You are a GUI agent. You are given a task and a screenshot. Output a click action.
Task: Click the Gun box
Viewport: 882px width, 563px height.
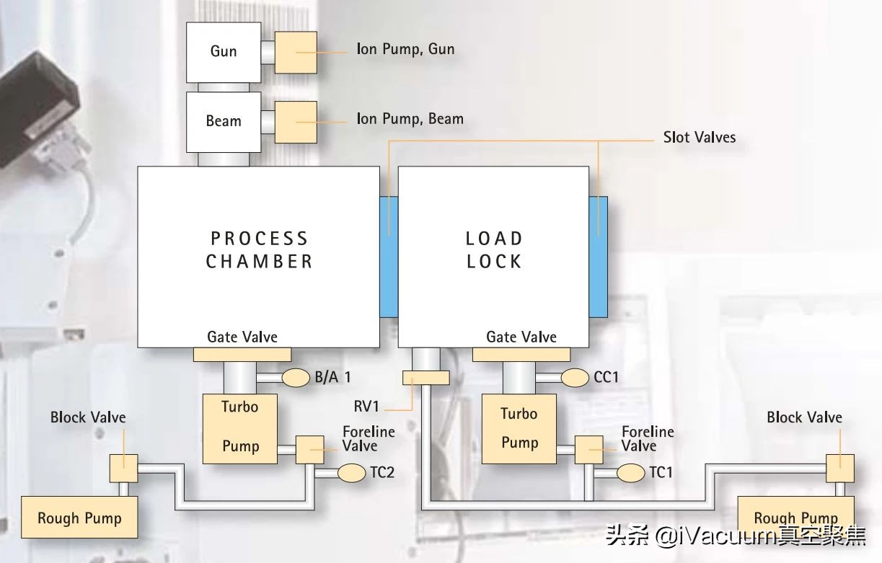(x=223, y=51)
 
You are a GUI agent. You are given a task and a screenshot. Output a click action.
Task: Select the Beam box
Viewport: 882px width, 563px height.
(x=223, y=121)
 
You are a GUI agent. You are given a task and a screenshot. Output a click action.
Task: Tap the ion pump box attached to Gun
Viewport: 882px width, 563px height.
(x=296, y=52)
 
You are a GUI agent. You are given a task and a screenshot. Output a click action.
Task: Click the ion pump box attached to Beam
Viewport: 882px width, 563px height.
(x=296, y=121)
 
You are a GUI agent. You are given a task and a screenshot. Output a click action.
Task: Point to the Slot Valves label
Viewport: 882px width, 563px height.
(x=700, y=137)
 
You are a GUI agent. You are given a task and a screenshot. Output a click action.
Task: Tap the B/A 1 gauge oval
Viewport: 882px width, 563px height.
(x=295, y=376)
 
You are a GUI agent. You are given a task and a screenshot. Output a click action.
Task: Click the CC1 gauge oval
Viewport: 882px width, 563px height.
(x=575, y=376)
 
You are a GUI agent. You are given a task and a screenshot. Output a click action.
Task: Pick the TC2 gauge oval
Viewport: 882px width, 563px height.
(x=352, y=473)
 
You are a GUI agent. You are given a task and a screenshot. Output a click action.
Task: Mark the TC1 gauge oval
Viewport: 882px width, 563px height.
(x=631, y=473)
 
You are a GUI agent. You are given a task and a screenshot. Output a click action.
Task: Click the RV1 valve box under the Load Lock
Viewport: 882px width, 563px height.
(x=425, y=378)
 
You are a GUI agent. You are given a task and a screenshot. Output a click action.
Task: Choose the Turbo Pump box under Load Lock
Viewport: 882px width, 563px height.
(x=519, y=428)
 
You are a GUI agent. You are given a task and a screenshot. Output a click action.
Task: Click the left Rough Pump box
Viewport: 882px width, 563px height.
(x=79, y=517)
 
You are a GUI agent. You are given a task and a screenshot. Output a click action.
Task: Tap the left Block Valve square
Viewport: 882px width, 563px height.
(x=123, y=468)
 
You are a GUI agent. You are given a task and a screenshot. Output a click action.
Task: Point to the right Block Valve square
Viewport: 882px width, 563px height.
(x=840, y=468)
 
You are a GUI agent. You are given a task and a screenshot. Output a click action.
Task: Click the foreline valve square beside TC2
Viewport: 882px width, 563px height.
(x=310, y=450)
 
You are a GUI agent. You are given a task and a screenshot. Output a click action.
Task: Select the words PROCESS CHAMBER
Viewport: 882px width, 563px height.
(x=259, y=249)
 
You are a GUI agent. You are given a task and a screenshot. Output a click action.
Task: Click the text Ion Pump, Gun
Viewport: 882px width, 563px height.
(x=405, y=49)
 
